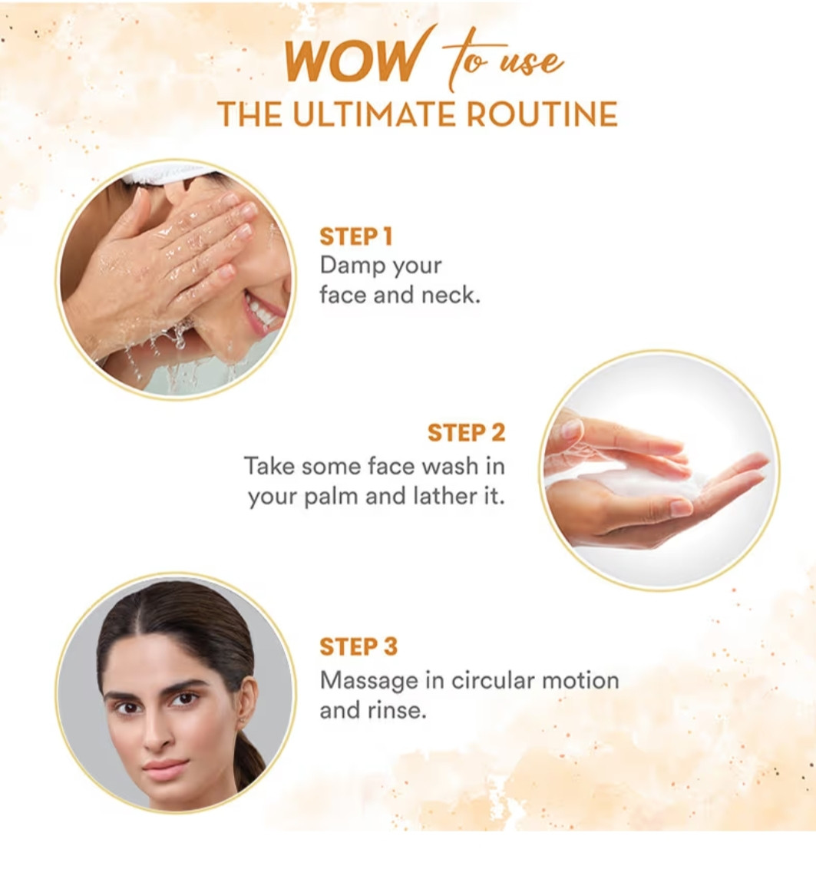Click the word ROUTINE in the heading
coord(542,114)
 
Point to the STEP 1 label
coord(356,236)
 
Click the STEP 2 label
coord(466,433)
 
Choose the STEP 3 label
coord(358,647)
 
